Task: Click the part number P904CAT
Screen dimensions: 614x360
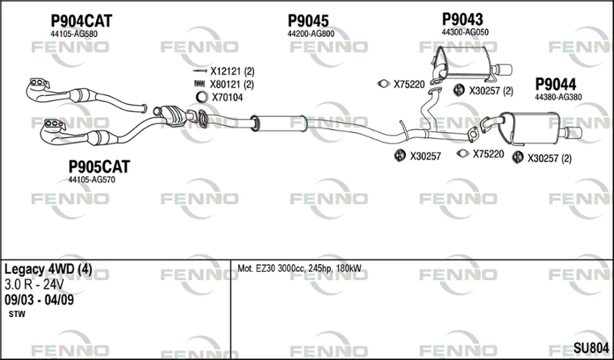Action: pyautogui.click(x=81, y=21)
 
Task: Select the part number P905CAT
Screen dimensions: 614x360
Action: pyautogui.click(x=99, y=167)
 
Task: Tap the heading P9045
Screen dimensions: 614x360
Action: pyautogui.click(x=309, y=21)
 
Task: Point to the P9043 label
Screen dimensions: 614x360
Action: pyautogui.click(x=463, y=19)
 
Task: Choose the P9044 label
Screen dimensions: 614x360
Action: pyautogui.click(x=556, y=84)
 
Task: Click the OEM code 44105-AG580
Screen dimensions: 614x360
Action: pyautogui.click(x=74, y=34)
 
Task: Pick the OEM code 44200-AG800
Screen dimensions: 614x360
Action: pyautogui.click(x=311, y=34)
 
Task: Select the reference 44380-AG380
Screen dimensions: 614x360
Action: pyautogui.click(x=559, y=97)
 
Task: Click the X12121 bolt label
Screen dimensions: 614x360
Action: pyautogui.click(x=233, y=71)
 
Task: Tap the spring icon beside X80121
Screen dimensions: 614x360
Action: pyautogui.click(x=200, y=84)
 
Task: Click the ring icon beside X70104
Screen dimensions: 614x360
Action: pyautogui.click(x=202, y=97)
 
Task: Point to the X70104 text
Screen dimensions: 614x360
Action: pyautogui.click(x=227, y=97)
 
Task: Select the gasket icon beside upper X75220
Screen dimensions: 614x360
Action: pyautogui.click(x=383, y=84)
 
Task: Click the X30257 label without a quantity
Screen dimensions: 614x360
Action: pyautogui.click(x=425, y=157)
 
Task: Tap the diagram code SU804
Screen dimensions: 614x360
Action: pyautogui.click(x=591, y=348)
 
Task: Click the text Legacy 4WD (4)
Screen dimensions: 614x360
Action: pyautogui.click(x=48, y=269)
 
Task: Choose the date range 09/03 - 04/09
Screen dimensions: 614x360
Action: pyautogui.click(x=39, y=300)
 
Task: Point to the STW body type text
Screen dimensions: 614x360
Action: pyautogui.click(x=17, y=314)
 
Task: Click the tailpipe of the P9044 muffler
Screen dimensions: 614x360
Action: pyautogui.click(x=572, y=133)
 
